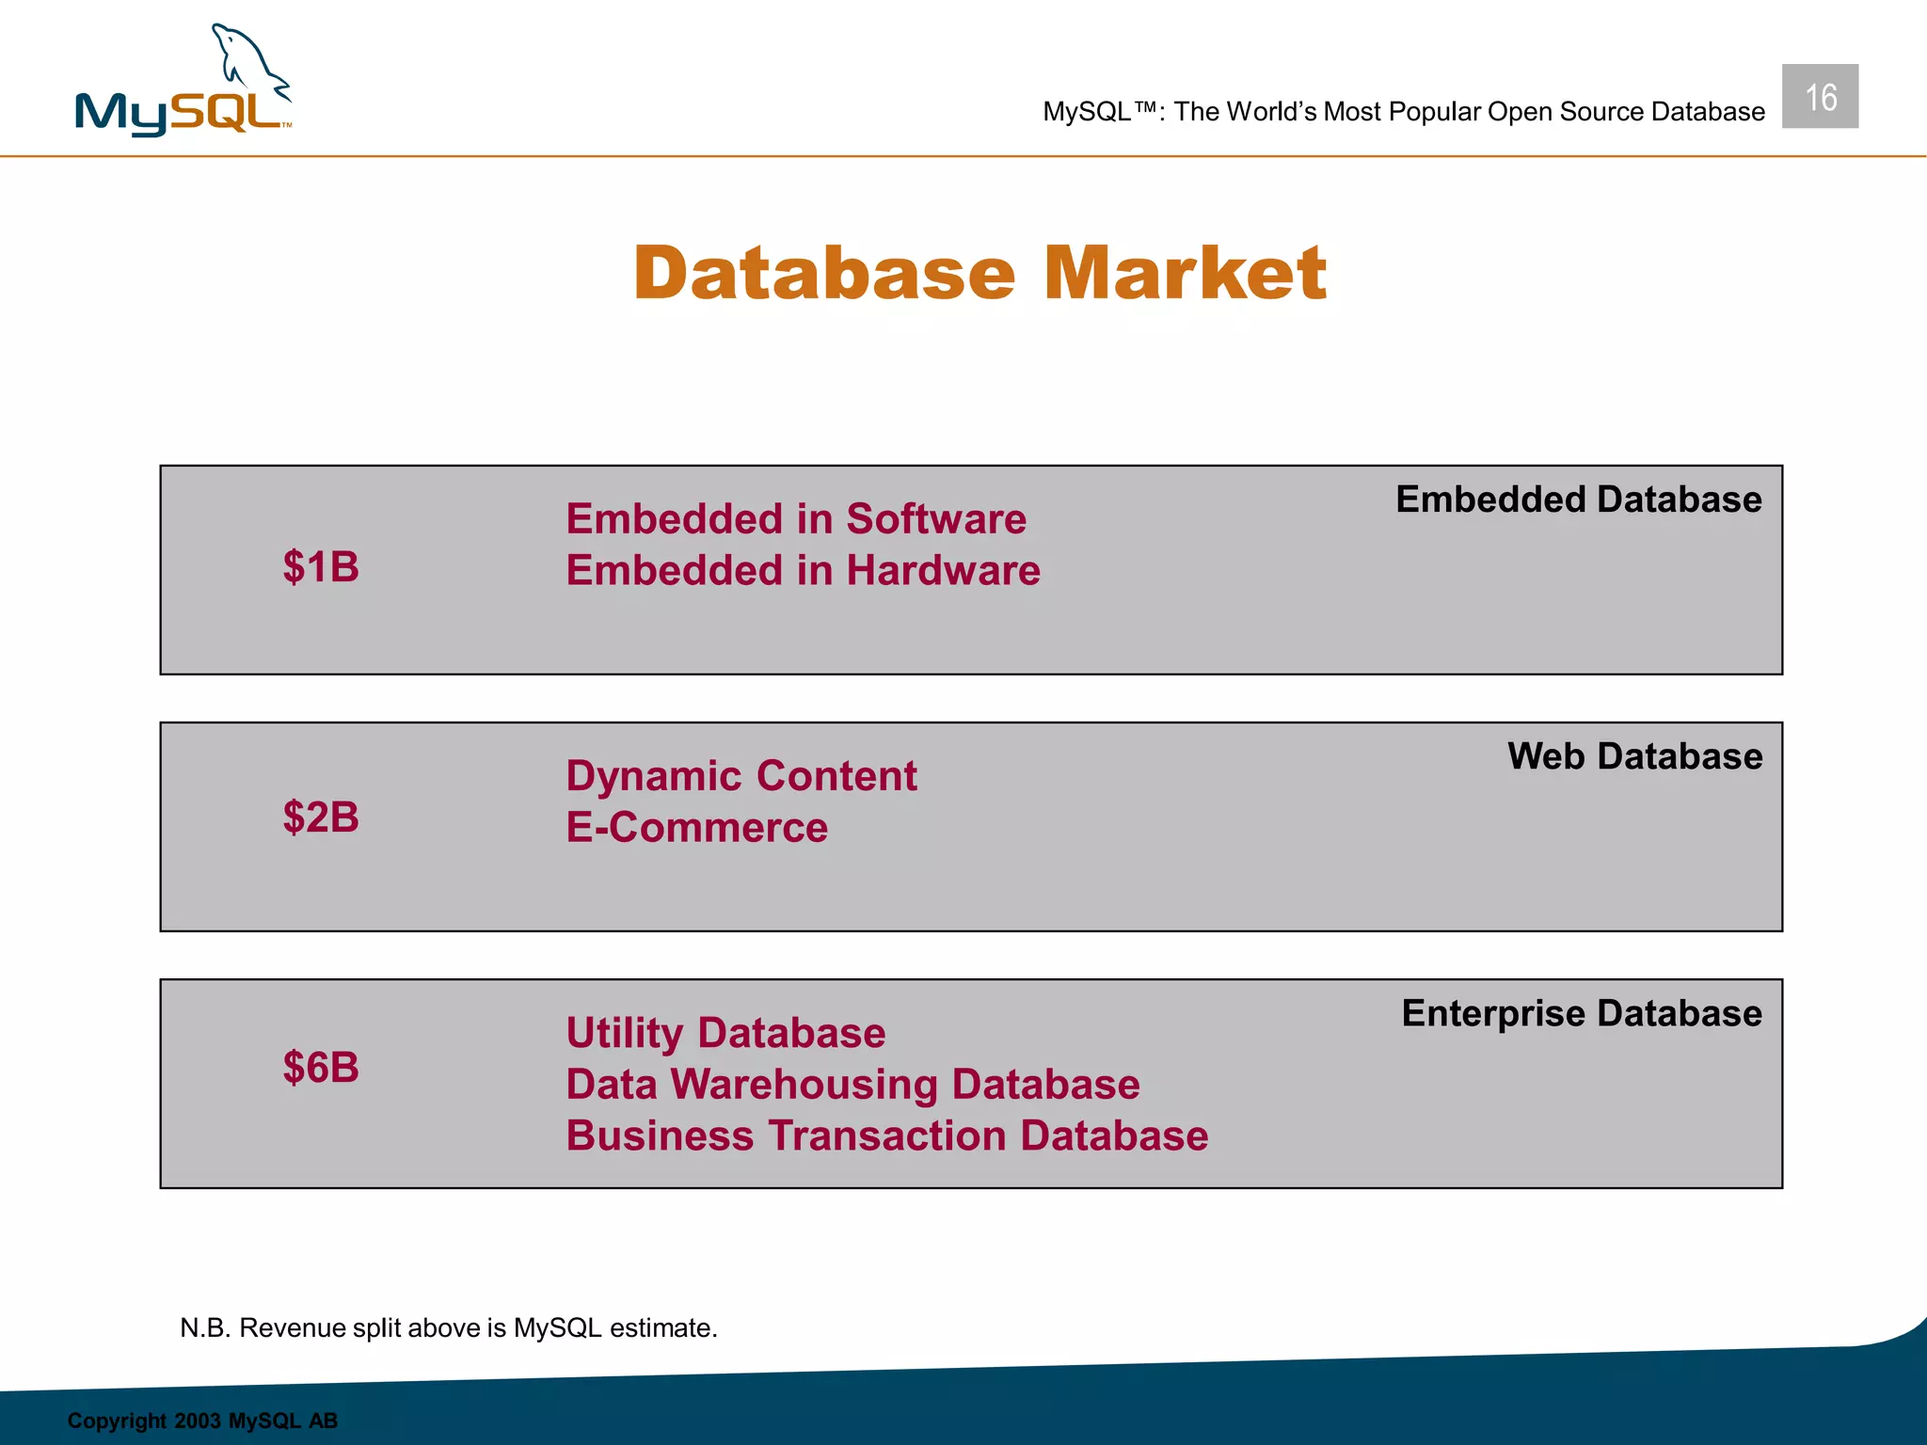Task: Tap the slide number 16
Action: click(x=1820, y=97)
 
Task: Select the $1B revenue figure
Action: click(x=321, y=567)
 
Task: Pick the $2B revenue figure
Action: click(x=321, y=817)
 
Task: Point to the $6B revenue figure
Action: click(x=321, y=1068)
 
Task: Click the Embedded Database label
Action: click(x=1578, y=500)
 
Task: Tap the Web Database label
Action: click(x=1634, y=756)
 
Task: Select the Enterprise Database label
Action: click(x=1581, y=1013)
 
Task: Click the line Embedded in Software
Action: click(x=796, y=519)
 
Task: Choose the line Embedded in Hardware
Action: click(x=803, y=571)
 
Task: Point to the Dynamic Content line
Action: click(x=741, y=776)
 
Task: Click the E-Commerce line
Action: click(x=696, y=828)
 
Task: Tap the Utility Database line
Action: click(x=725, y=1033)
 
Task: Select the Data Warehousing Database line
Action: click(x=852, y=1085)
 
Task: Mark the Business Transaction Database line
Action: click(x=886, y=1136)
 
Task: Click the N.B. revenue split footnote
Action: click(x=449, y=1327)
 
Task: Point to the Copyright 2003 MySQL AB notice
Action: click(x=202, y=1421)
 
